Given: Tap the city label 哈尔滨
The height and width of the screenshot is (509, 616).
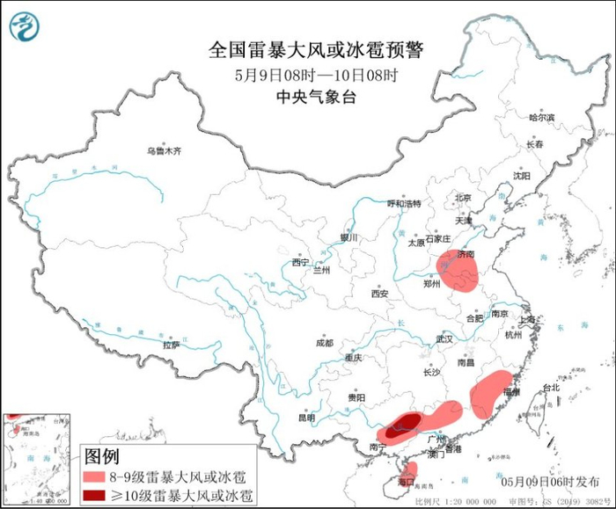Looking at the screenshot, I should [542, 117].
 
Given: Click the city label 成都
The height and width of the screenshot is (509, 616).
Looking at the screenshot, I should [323, 343].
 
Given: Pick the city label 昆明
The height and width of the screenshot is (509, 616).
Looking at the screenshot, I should [306, 416].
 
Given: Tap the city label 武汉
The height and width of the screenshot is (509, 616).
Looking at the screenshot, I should [444, 339].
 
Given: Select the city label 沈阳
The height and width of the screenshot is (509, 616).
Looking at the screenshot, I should [522, 176].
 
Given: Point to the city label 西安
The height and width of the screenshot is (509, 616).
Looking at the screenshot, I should [379, 294].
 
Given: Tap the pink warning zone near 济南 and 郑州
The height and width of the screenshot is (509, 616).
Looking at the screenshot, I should [459, 271].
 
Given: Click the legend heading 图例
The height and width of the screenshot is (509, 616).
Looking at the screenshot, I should [101, 456].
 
